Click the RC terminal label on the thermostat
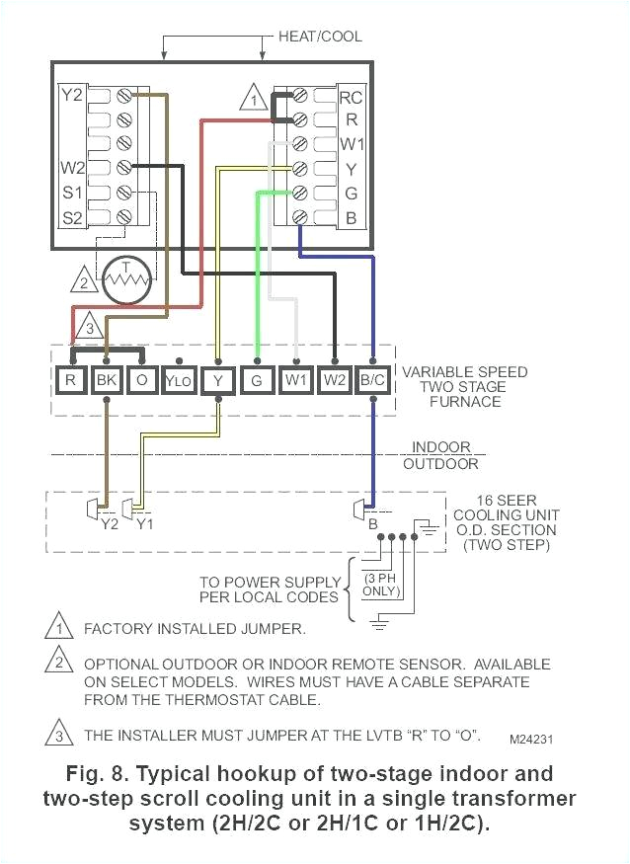350,97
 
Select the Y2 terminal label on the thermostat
71,96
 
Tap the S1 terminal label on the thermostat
71,192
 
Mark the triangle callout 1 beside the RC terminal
254,99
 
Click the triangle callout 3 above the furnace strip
88,326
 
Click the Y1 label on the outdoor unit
144,524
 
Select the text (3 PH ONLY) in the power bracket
380,584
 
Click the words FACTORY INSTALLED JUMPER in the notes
195,628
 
